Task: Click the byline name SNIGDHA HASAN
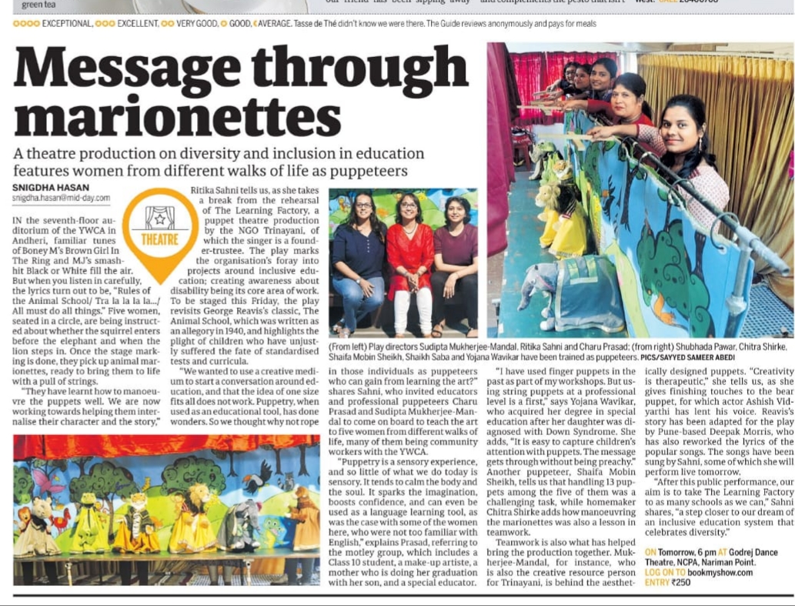(50, 187)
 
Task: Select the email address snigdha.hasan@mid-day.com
(62, 198)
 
